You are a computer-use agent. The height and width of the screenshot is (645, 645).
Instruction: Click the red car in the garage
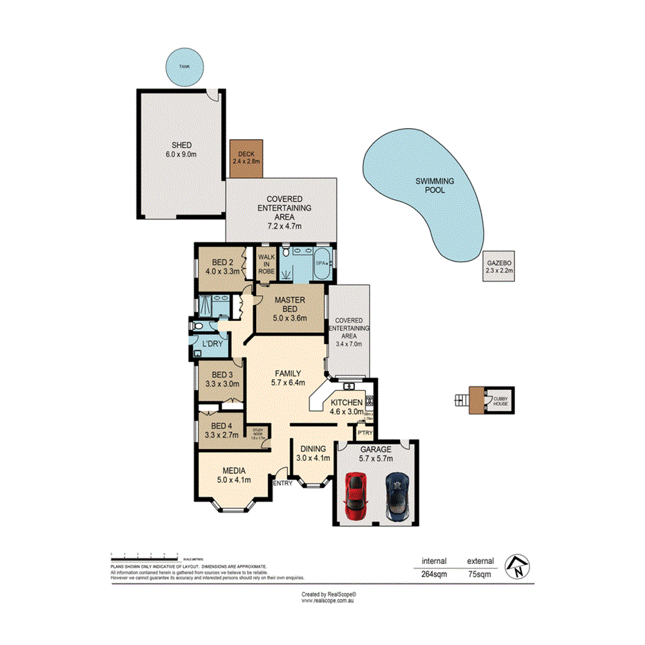[x=355, y=495]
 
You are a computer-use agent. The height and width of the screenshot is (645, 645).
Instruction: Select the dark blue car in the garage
[x=397, y=496]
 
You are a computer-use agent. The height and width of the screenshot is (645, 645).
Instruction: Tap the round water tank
[x=184, y=66]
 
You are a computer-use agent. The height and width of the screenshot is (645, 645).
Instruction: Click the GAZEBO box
[x=499, y=266]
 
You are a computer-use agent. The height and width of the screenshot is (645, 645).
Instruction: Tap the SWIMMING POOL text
[x=435, y=185]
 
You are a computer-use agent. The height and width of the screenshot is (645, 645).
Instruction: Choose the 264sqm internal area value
[x=435, y=574]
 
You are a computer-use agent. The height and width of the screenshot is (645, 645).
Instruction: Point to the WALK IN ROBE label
[x=266, y=264]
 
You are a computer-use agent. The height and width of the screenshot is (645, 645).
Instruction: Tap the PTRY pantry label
[x=364, y=433]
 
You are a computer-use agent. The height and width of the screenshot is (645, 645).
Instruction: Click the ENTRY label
[x=282, y=483]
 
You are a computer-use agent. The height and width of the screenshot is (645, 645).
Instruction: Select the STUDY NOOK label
[x=258, y=433]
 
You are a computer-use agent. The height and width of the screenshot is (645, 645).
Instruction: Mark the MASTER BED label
[x=289, y=305]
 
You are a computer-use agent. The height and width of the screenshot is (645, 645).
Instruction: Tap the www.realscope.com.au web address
[x=327, y=601]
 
